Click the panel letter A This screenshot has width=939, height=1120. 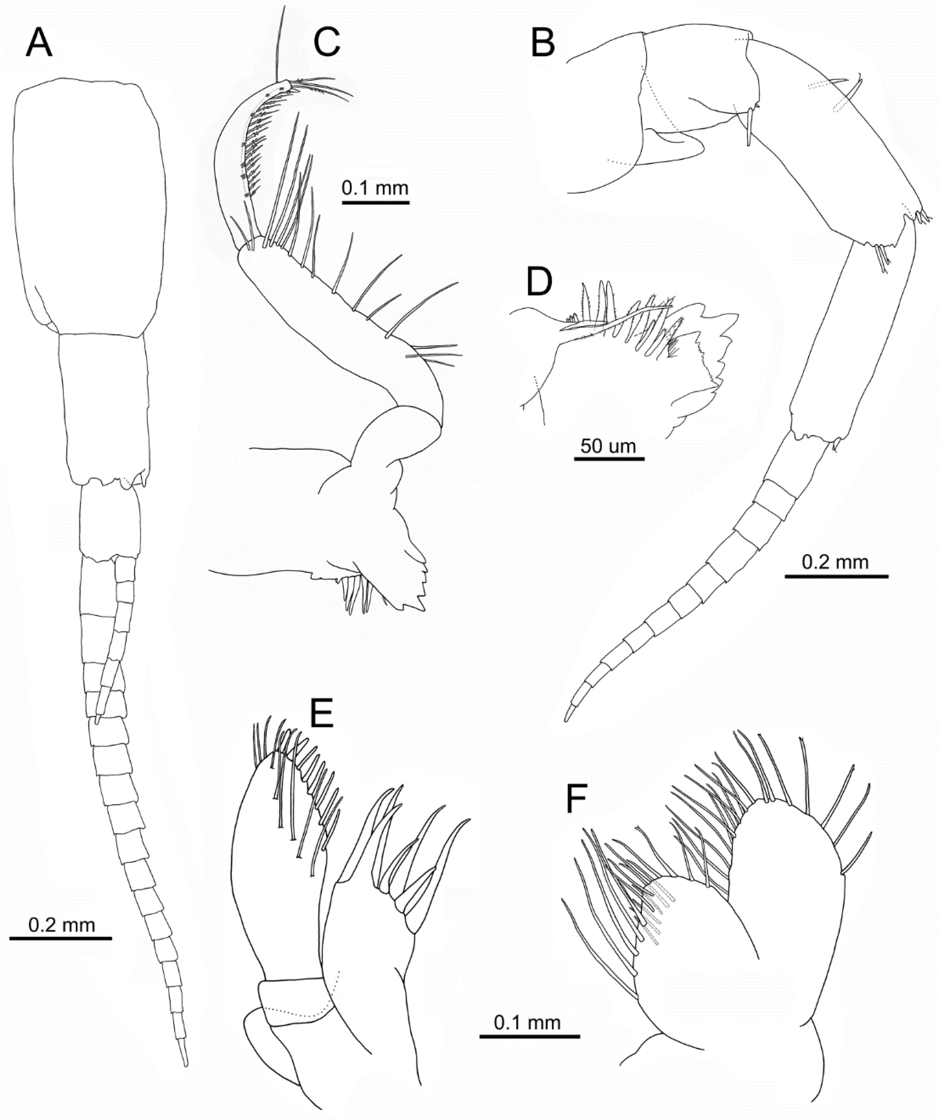click(39, 43)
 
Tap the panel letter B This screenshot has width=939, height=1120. click(543, 43)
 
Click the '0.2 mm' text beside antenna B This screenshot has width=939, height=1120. click(836, 562)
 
